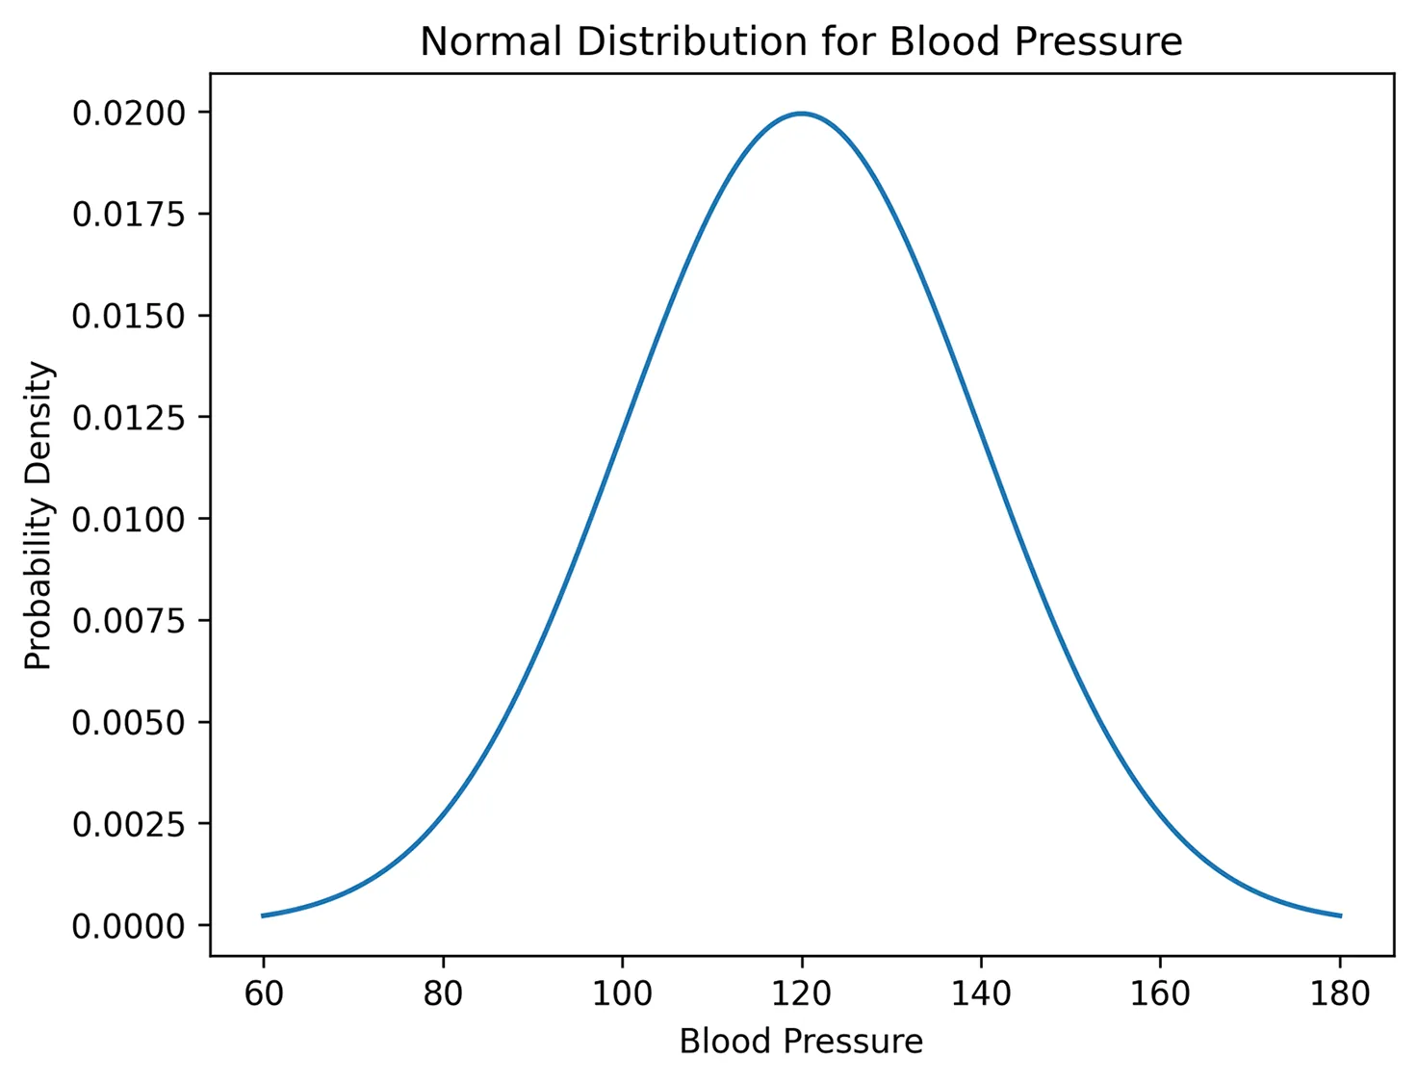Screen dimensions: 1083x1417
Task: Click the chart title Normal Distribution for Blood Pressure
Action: (x=801, y=42)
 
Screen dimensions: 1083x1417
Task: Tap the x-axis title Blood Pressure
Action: (x=801, y=1042)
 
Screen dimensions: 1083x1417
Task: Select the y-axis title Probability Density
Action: (x=39, y=515)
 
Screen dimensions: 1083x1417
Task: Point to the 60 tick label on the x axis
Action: (x=264, y=993)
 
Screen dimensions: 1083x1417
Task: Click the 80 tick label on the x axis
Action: (x=443, y=993)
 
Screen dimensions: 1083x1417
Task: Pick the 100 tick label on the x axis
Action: (x=622, y=993)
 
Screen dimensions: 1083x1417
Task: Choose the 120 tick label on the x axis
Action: (x=801, y=993)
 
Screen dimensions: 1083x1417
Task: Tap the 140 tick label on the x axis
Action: (x=981, y=993)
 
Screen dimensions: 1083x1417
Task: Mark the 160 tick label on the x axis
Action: (x=1160, y=993)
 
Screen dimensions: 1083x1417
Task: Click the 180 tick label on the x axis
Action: (x=1340, y=993)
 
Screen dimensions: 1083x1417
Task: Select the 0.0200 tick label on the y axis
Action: (x=128, y=114)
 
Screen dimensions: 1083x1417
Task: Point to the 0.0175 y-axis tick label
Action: (x=128, y=215)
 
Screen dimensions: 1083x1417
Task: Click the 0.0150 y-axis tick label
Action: (x=128, y=317)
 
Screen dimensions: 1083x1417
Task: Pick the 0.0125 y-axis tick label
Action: (x=128, y=418)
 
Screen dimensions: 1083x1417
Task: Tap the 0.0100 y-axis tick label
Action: (x=128, y=520)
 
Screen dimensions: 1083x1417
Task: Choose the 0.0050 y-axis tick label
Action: (x=128, y=723)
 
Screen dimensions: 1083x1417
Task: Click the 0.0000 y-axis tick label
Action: (x=128, y=926)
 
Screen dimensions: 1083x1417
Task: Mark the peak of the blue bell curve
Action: (x=801, y=114)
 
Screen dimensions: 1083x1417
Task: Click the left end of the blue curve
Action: (x=263, y=915)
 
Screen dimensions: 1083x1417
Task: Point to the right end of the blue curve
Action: (x=1340, y=915)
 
